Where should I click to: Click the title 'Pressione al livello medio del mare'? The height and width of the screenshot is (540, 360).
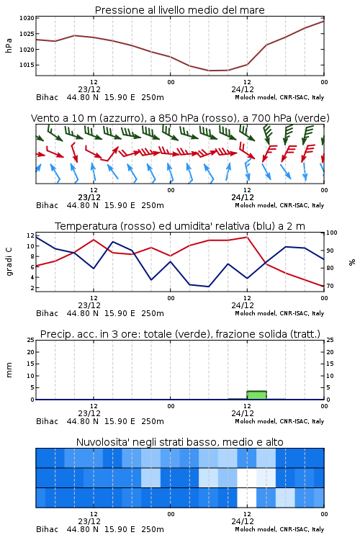point(179,10)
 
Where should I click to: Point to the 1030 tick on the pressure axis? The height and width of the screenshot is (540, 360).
point(27,18)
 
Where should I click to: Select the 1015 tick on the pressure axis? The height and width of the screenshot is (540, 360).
point(27,65)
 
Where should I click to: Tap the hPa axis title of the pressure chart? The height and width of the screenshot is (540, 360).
point(9,45)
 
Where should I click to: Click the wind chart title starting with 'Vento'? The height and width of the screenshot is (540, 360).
point(180,118)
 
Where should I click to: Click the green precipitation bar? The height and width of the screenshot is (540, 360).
point(256,395)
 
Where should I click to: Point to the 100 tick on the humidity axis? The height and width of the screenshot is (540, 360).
point(332,233)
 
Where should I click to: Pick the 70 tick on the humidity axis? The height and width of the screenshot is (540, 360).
point(330,286)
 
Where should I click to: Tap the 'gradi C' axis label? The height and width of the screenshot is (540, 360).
point(9,261)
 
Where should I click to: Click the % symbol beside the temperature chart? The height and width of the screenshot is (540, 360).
point(352,262)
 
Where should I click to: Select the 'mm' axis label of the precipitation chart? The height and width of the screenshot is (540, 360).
point(9,370)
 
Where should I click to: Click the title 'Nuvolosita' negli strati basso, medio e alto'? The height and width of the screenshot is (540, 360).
point(179,442)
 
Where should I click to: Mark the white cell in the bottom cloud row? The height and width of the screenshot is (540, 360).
point(247,498)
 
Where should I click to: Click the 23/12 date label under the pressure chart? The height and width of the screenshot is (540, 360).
point(89,89)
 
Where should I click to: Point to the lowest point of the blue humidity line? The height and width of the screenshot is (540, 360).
point(208,287)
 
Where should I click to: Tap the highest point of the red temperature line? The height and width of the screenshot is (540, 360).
point(247,237)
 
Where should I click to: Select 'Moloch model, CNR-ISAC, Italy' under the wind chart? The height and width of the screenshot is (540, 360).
point(279,205)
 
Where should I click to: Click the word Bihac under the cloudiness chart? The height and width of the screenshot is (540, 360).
point(48,529)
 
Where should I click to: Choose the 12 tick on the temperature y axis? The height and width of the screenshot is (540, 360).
point(30,235)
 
